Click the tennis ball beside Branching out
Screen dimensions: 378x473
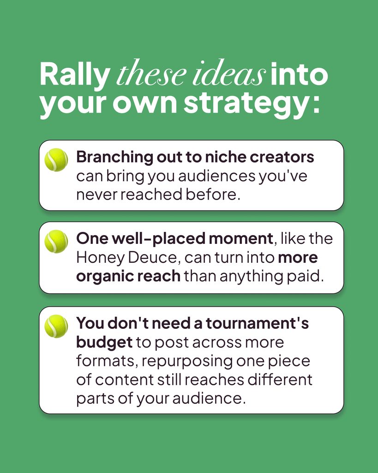click(x=56, y=160)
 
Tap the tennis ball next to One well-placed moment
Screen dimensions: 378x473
click(x=56, y=241)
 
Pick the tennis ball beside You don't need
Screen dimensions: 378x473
click(x=56, y=327)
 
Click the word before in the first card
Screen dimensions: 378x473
click(x=213, y=194)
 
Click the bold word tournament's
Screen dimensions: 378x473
click(x=258, y=323)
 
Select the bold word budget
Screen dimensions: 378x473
click(x=104, y=343)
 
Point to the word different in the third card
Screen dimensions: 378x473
click(x=280, y=380)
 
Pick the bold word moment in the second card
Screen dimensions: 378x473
click(x=241, y=239)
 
